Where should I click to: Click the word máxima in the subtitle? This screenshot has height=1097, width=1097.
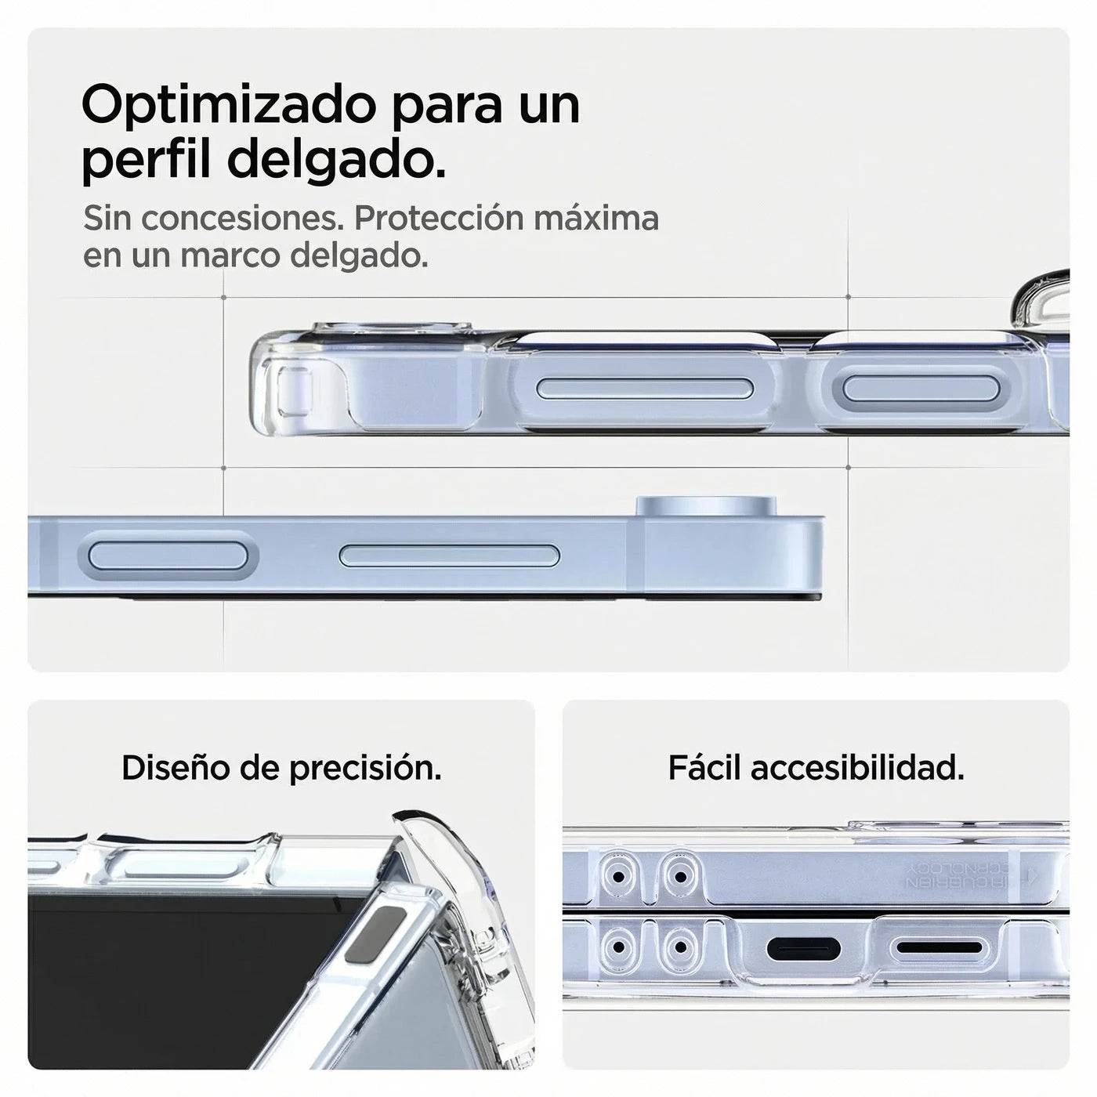(x=596, y=219)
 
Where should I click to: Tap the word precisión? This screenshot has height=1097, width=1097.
(x=365, y=769)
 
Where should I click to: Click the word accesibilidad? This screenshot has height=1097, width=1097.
(x=857, y=769)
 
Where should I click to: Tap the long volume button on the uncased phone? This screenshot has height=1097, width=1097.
(x=450, y=556)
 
